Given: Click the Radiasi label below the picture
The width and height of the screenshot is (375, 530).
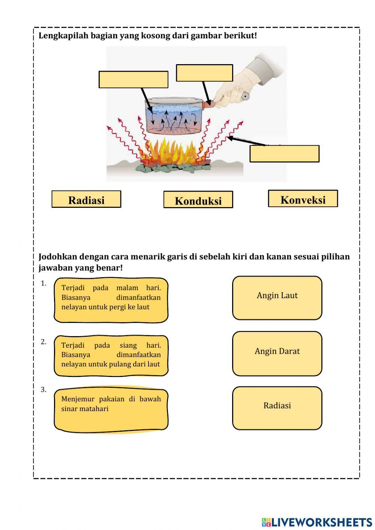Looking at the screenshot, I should point(86,199).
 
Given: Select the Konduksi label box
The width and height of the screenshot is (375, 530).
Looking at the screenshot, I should point(198,200).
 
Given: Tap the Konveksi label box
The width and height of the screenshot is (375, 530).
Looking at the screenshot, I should point(303,199).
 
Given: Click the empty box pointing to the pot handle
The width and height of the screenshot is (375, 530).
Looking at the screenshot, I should point(204,73).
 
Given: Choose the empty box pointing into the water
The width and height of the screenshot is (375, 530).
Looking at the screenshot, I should point(133,80).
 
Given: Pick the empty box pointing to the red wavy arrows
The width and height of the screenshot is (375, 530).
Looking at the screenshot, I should point(284,154).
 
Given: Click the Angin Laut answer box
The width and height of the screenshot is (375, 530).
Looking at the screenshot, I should point(277,298).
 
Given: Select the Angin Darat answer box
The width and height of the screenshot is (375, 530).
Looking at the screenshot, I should point(277,353).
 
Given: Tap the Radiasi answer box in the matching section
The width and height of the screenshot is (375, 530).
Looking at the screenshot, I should point(277,408).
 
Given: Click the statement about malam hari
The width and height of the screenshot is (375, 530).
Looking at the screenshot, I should point(111,300).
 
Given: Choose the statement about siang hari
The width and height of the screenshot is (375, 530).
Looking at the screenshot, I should point(111,356).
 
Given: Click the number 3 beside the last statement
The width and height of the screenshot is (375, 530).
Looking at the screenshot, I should point(43,390).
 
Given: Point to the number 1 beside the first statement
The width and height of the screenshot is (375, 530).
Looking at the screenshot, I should point(43,284).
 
